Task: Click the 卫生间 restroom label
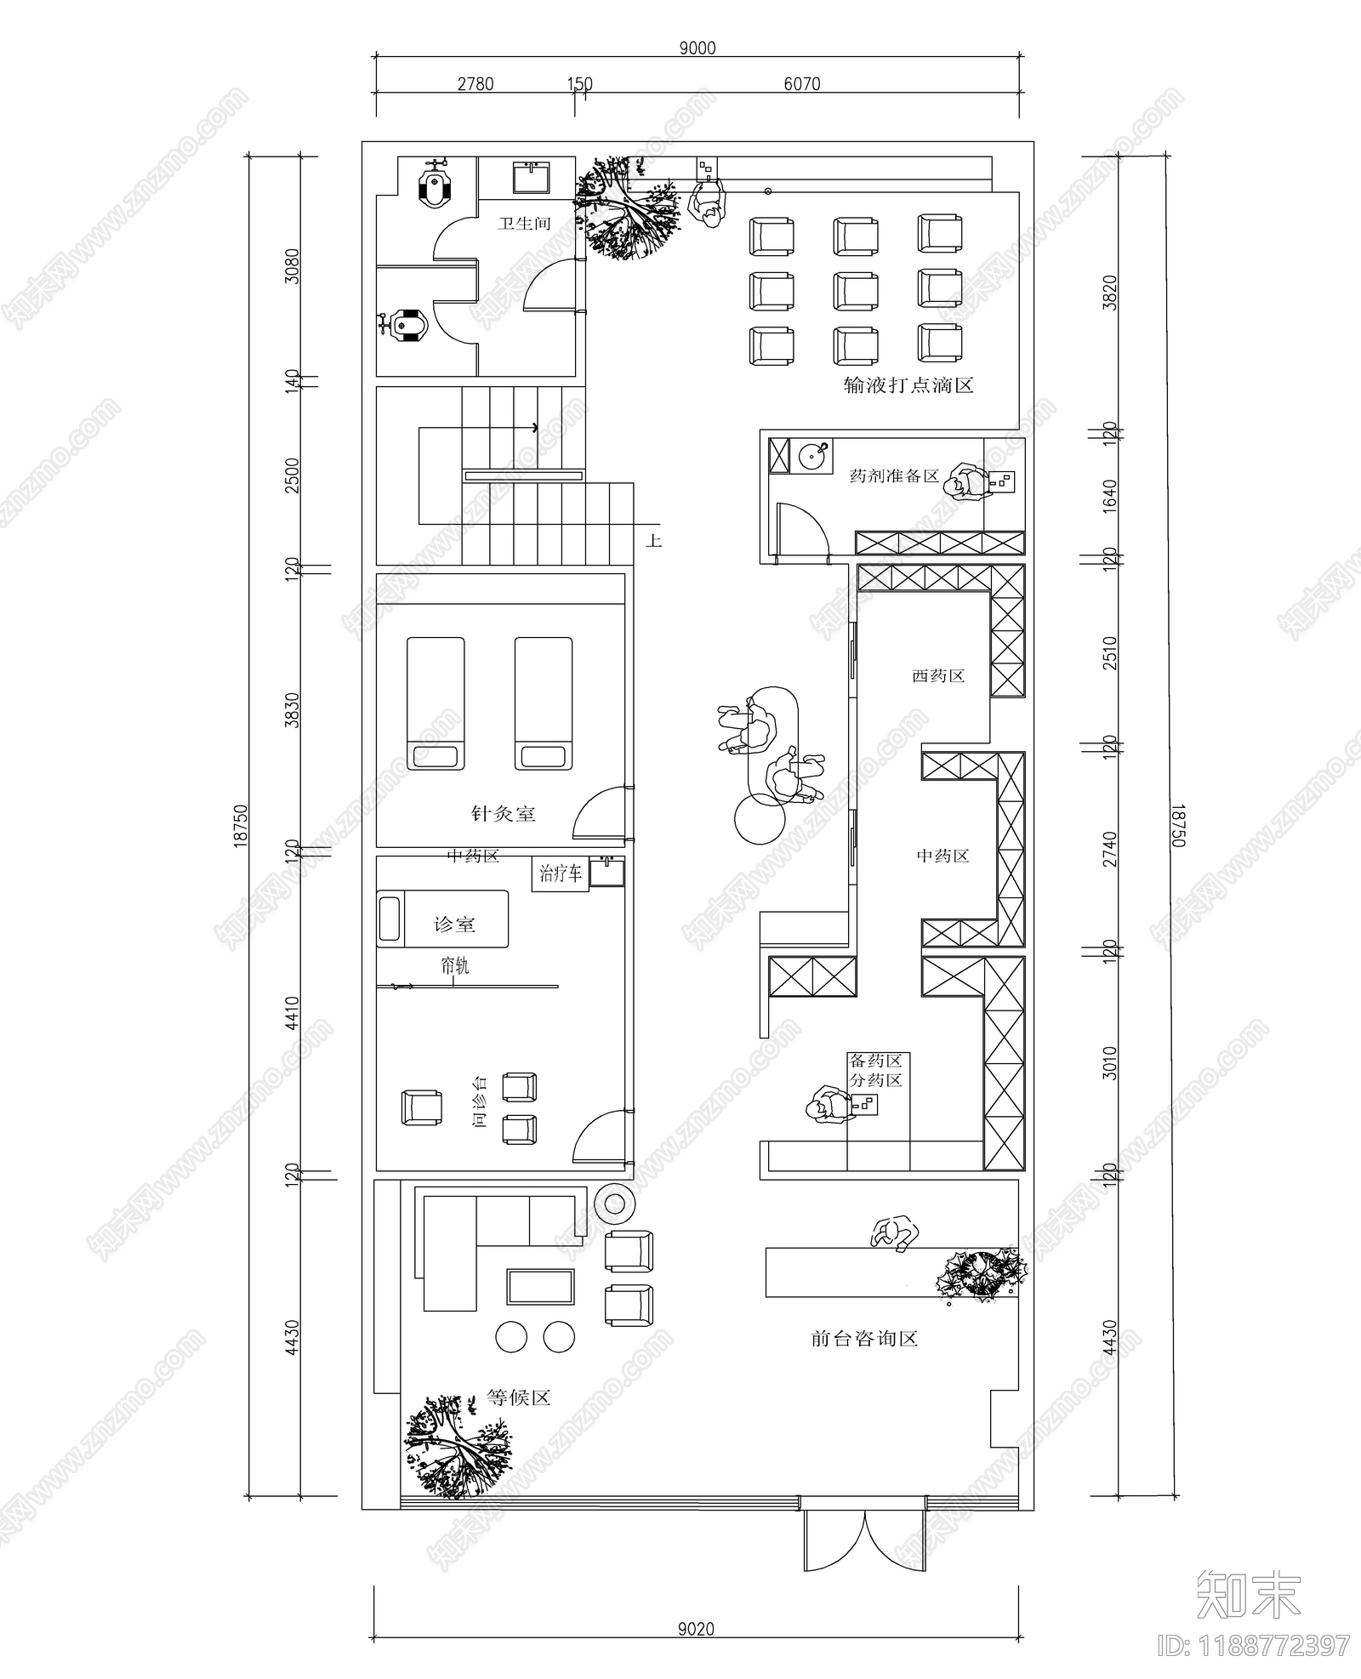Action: [x=524, y=224]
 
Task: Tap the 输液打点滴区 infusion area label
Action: [x=908, y=385]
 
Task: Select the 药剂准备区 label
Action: [x=894, y=475]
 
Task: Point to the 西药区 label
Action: [x=938, y=676]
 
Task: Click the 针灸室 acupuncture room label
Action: [x=504, y=814]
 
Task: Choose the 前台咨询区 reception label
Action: [x=864, y=1339]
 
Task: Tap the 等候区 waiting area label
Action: [x=519, y=1397]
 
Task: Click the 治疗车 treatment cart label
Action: [x=561, y=873]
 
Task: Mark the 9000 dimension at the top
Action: [x=698, y=48]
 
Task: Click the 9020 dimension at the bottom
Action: [x=697, y=1629]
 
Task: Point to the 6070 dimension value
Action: [x=801, y=83]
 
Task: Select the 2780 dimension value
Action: [x=475, y=83]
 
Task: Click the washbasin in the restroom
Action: [x=532, y=178]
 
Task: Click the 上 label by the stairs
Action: [x=653, y=540]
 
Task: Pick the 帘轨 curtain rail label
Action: [x=454, y=965]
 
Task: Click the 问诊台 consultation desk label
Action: [x=481, y=1101]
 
